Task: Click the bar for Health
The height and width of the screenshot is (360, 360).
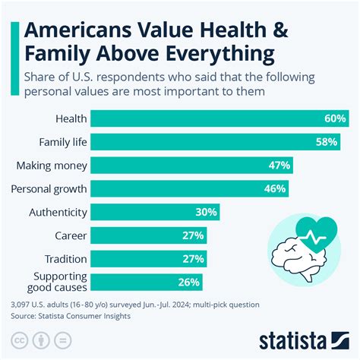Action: [x=220, y=118]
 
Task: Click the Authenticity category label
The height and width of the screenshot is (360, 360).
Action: [x=57, y=213]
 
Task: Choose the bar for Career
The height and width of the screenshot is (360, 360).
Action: [x=149, y=236]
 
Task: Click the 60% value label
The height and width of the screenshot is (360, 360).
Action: [x=334, y=118]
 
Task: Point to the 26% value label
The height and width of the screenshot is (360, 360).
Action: [x=188, y=282]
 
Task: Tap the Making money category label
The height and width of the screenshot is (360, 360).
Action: [x=52, y=166]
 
